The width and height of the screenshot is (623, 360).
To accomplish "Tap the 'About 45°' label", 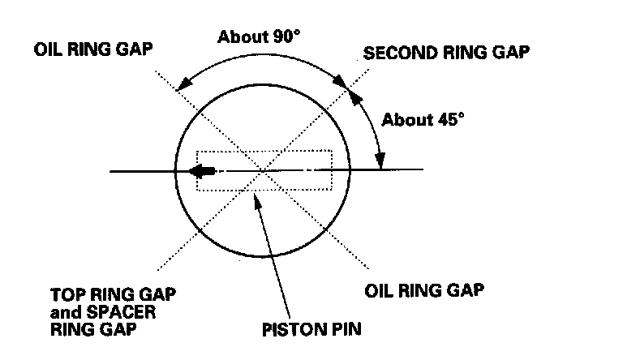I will tap(423, 119).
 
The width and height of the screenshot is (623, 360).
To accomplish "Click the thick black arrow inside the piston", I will tap(202, 171).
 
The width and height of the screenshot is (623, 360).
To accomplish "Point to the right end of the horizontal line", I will tap(422, 169).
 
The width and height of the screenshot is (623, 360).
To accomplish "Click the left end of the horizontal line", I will tap(111, 171).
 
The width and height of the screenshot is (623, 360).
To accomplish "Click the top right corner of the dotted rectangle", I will tap(332, 150).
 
